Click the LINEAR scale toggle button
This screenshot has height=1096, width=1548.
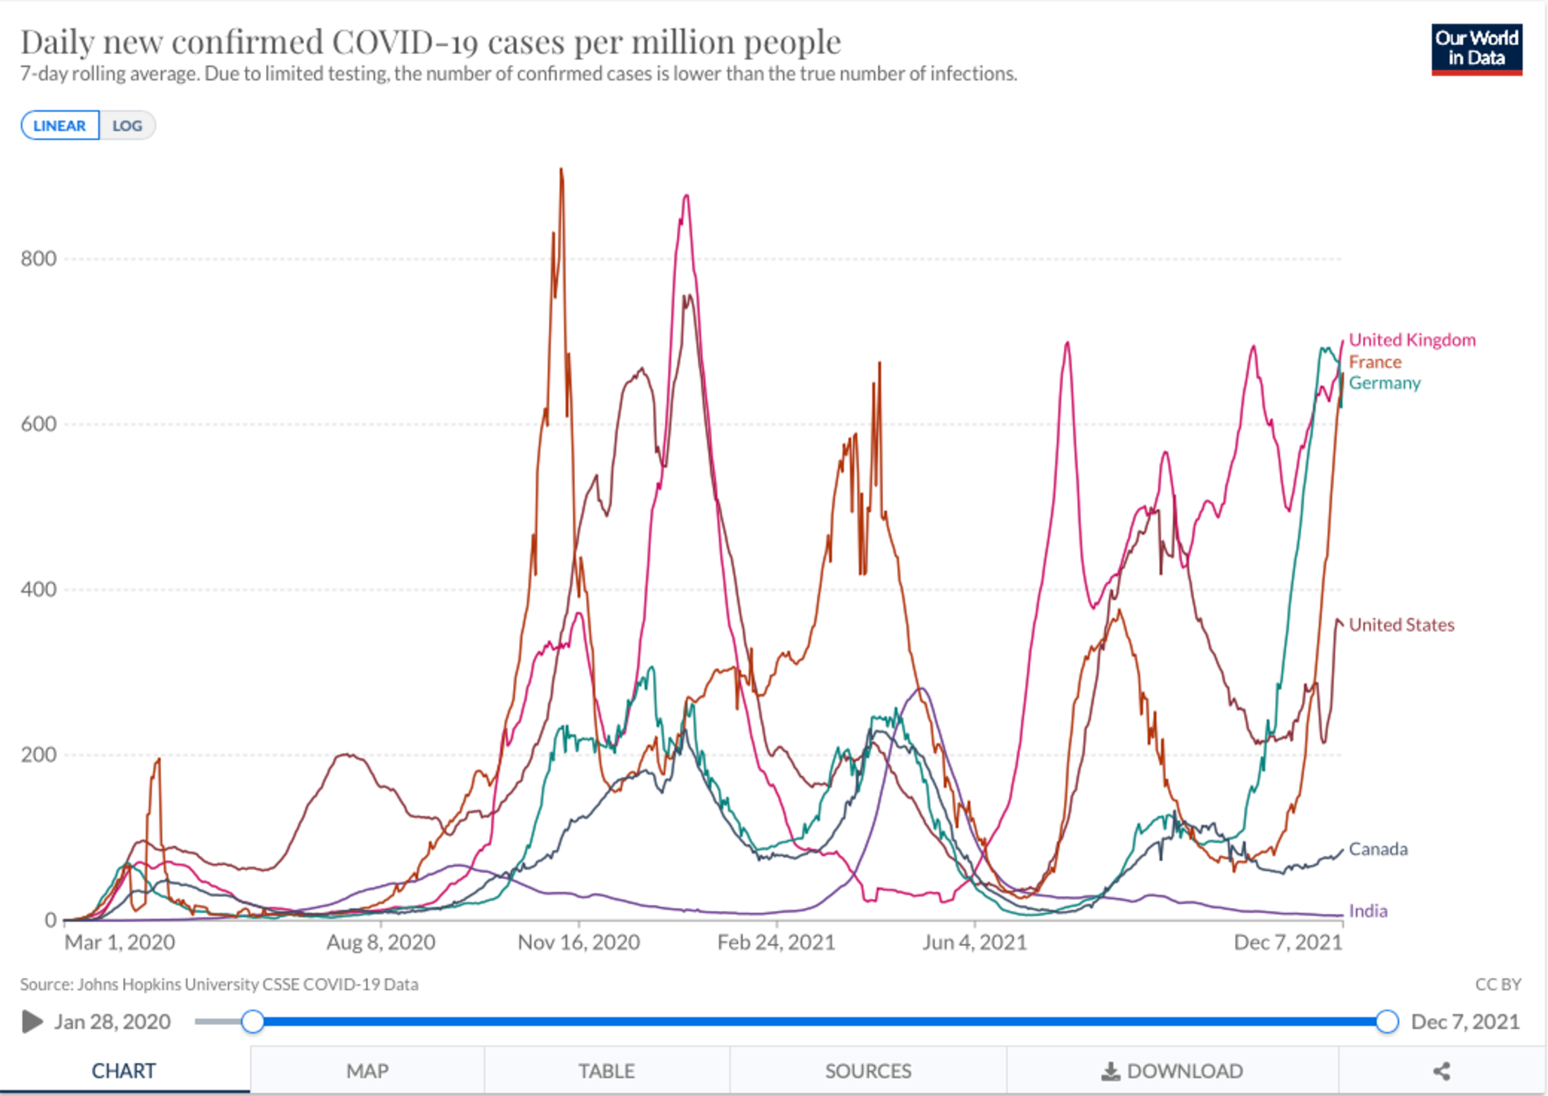(x=60, y=126)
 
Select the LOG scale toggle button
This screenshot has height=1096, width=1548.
(x=127, y=126)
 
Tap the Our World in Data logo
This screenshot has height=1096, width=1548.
(x=1476, y=49)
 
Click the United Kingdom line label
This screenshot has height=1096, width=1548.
(x=1411, y=340)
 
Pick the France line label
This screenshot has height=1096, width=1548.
(x=1375, y=362)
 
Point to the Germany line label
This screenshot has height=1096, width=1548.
(x=1384, y=383)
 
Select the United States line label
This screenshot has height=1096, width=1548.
(x=1401, y=625)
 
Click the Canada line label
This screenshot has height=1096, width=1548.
(x=1378, y=849)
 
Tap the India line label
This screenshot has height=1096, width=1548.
(x=1368, y=911)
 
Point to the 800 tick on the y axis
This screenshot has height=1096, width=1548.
(x=39, y=259)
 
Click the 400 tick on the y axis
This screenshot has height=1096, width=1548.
(x=39, y=589)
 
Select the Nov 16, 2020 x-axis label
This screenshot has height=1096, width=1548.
(x=578, y=943)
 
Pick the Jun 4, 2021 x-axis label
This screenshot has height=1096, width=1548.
(x=975, y=943)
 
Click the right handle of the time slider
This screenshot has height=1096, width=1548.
(x=1386, y=1021)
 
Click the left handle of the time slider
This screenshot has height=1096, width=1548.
(x=253, y=1021)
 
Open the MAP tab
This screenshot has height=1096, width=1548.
(x=367, y=1071)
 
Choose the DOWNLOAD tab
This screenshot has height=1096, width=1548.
(x=1172, y=1071)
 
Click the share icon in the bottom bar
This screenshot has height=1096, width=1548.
(x=1442, y=1071)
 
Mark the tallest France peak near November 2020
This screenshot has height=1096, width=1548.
(x=561, y=170)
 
